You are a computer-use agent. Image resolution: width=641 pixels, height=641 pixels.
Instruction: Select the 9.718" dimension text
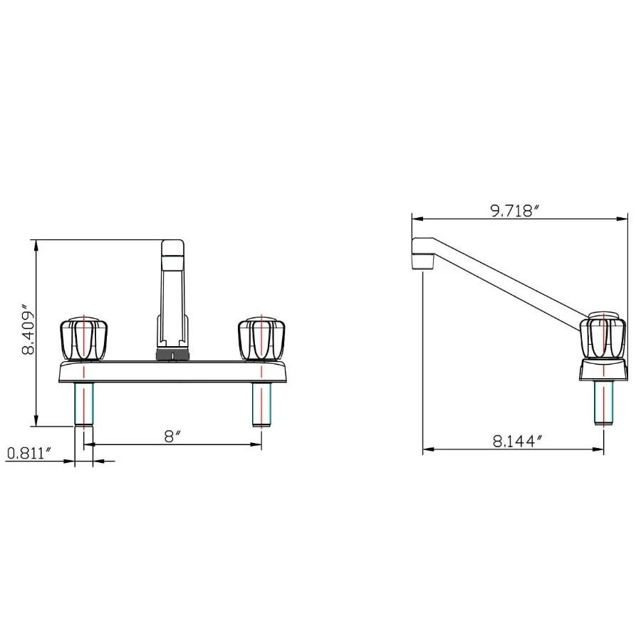coord(515,211)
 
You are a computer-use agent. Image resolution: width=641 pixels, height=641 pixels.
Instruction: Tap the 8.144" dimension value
coord(517,441)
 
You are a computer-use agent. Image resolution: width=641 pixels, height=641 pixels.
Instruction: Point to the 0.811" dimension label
coord(30,453)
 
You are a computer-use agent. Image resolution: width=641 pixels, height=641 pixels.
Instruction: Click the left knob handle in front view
coord(84,339)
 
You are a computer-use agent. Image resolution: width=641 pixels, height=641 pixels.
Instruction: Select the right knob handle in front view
coord(261,339)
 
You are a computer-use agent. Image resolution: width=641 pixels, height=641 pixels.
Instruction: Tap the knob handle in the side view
coord(603,335)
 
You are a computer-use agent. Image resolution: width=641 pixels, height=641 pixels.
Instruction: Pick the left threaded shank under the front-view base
coord(84,405)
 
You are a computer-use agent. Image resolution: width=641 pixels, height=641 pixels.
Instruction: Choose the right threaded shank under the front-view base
coord(261,405)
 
